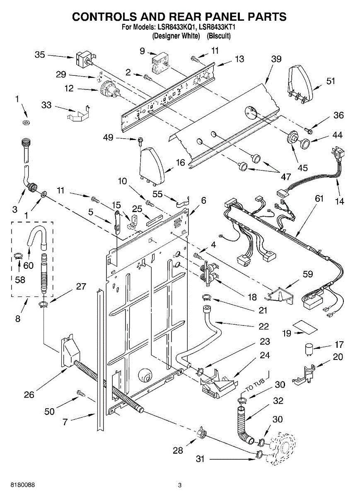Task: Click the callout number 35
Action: point(40,55)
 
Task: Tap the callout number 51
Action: point(331,81)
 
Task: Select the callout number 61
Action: point(319,199)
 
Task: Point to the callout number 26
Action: point(29,395)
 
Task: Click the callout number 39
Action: point(276,59)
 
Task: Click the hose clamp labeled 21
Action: point(206,297)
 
